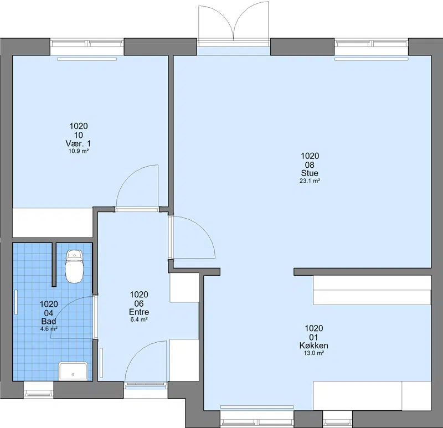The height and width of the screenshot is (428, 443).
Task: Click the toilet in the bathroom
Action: point(74,266)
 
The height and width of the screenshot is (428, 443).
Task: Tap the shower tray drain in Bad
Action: point(73,375)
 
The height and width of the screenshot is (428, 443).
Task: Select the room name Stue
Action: point(310,173)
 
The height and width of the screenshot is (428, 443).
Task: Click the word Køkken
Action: point(313,346)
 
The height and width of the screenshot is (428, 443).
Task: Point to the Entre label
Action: point(139,312)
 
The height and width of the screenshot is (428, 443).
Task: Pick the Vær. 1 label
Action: point(78,143)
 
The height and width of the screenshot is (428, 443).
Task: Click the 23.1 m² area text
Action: point(310,181)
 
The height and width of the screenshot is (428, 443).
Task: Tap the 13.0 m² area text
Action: point(313,353)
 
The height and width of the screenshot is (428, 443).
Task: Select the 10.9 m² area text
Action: point(79,151)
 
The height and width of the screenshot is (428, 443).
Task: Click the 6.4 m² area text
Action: point(139,319)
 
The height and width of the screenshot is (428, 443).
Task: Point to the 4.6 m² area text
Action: point(49,328)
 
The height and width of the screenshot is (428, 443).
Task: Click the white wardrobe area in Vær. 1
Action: point(53,223)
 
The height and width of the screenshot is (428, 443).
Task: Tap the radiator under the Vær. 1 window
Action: point(87,59)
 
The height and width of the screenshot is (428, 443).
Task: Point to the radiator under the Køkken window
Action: point(257,407)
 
